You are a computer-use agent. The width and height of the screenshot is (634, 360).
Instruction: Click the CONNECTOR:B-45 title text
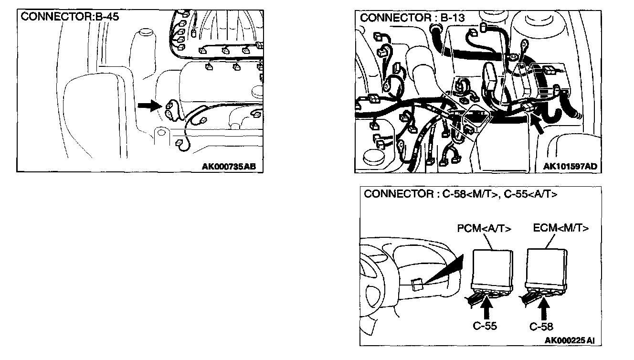click(70, 17)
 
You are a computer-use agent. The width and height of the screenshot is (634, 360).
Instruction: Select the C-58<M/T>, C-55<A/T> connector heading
click(460, 194)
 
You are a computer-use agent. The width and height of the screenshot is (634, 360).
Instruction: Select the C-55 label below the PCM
click(485, 326)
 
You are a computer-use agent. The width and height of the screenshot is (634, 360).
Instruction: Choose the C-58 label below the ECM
click(541, 327)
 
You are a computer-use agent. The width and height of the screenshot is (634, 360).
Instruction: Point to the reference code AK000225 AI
click(570, 340)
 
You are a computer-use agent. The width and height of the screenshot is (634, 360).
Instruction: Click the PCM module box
click(492, 267)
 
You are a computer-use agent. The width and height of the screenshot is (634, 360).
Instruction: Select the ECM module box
click(547, 267)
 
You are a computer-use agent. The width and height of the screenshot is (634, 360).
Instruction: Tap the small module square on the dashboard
click(416, 284)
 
